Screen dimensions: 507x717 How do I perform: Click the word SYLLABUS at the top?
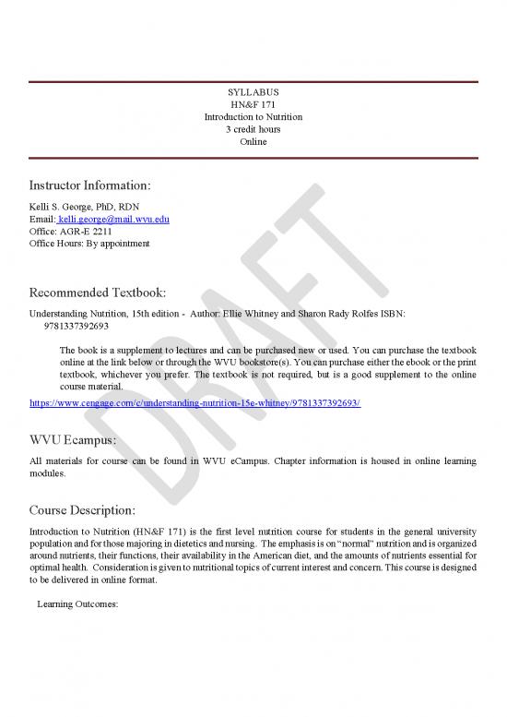click(x=253, y=93)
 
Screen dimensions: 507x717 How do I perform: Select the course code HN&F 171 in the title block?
click(x=253, y=105)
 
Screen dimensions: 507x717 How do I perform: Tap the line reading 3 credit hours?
click(x=253, y=129)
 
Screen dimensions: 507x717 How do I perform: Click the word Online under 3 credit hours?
click(x=253, y=141)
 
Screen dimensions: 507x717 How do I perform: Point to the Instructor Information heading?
click(x=88, y=185)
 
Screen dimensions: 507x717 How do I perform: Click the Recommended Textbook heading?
click(x=98, y=293)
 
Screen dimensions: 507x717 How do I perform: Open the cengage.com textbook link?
click(x=195, y=404)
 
